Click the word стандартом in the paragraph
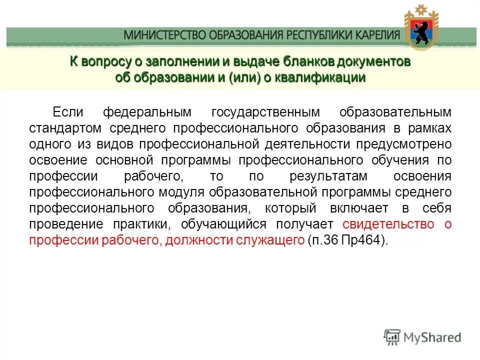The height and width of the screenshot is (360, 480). click(62, 128)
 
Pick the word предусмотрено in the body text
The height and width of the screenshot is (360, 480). click(404, 144)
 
